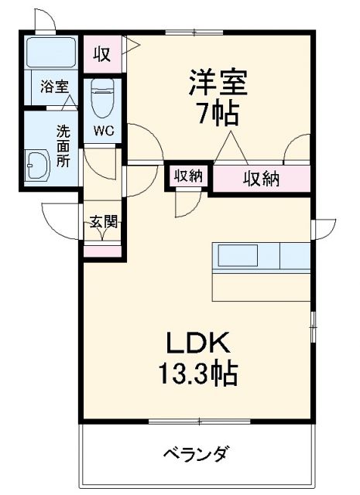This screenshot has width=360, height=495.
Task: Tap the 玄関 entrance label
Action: (102, 224)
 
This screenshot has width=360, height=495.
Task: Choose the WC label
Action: (104, 130)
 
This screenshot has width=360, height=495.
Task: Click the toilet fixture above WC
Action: (102, 98)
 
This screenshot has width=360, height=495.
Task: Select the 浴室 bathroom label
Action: (53, 87)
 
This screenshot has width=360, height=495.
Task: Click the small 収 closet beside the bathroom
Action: (101, 54)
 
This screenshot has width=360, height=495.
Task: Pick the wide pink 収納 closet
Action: (261, 179)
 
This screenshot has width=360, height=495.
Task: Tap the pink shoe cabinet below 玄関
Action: (102, 249)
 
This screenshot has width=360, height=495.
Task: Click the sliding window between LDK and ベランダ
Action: (198, 422)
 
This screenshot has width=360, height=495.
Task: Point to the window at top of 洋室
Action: (194, 32)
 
